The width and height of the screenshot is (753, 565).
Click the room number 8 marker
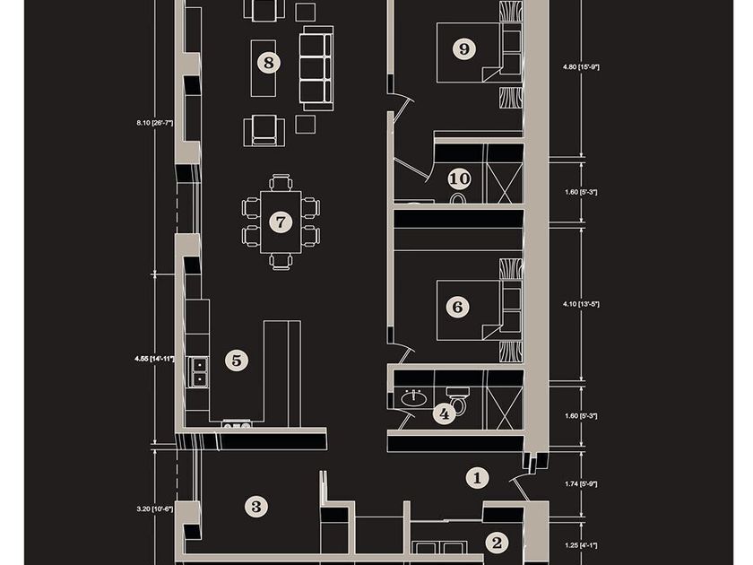point(268,63)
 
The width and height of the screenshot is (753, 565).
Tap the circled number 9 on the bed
point(464,49)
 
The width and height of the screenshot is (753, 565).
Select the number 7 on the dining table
point(281,222)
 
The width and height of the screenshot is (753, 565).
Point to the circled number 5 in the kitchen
point(237,361)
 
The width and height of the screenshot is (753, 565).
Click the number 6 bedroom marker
point(458,307)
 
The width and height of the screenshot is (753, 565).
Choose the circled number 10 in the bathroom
point(460,178)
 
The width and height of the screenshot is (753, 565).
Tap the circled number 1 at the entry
point(477,478)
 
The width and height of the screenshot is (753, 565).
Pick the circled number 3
point(256,507)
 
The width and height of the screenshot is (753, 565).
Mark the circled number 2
point(497,543)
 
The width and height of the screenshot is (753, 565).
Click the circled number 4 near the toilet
point(445,413)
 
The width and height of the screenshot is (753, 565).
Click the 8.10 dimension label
point(154,123)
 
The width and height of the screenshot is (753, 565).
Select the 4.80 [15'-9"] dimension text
point(581,67)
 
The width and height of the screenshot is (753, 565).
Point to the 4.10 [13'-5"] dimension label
point(581,304)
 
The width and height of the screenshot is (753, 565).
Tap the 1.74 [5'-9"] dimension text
point(581,484)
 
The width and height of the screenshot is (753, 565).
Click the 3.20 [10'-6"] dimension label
point(154,509)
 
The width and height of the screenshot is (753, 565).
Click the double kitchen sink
point(198,372)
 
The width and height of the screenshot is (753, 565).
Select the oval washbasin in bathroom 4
point(413,398)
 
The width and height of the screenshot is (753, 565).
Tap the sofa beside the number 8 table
point(316,68)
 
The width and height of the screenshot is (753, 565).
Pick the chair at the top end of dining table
point(281,183)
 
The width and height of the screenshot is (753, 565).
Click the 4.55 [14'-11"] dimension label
point(154,359)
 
